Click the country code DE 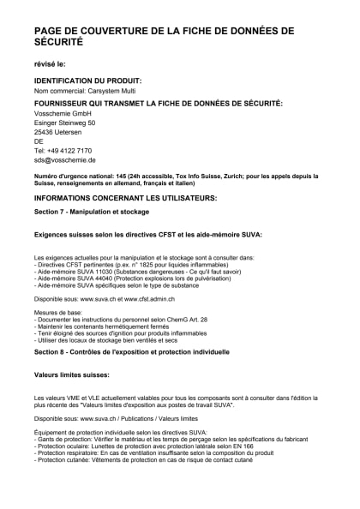point(39,141)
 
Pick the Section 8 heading point(119,351)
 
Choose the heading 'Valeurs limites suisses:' point(71,374)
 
